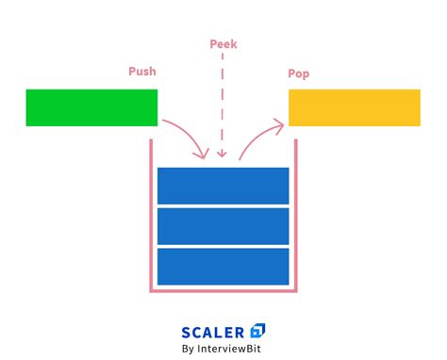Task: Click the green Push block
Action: tap(91, 107)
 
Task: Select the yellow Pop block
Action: tap(354, 107)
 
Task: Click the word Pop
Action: tap(299, 74)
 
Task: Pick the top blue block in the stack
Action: tap(223, 185)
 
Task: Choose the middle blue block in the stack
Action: tap(223, 226)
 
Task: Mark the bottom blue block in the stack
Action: tap(223, 267)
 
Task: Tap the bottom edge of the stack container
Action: tap(223, 290)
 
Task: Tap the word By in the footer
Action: tap(189, 350)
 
